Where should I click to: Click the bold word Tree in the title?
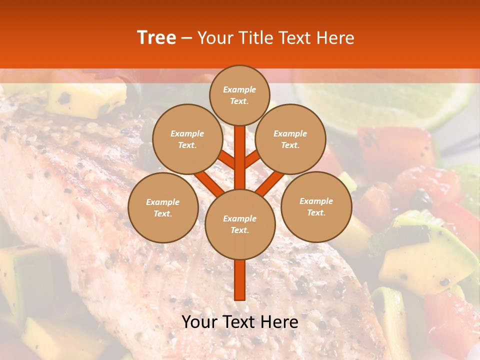tap(156, 38)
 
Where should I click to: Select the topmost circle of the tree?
tap(239, 95)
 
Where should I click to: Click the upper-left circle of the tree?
tap(187, 139)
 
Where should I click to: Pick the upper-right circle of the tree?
tap(290, 139)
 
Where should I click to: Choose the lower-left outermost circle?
tap(162, 207)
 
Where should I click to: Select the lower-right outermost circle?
tap(316, 206)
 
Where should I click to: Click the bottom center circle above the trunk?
tap(240, 224)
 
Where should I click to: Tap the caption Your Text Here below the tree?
tap(240, 322)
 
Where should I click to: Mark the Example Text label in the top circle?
tap(239, 95)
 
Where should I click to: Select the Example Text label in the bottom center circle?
tap(240, 224)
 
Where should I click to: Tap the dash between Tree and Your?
tap(186, 38)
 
